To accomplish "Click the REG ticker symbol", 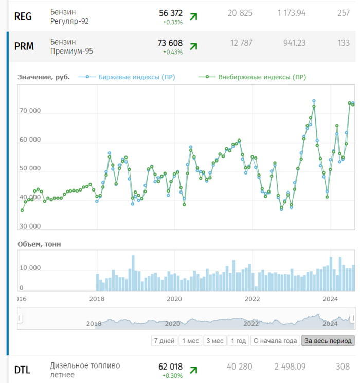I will pos(23,16).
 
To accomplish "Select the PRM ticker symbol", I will pos(24,46).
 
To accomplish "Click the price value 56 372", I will pos(170,13).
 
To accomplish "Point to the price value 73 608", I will pos(170,43).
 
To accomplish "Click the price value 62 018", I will pos(170,367).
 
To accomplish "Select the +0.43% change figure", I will pos(173,53).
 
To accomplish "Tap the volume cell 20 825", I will pos(240,13).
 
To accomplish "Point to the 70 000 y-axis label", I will pos(31,111).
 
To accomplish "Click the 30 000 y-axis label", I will pos(31,226).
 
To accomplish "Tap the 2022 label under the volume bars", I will pos(253,299).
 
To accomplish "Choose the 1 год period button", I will pos(238,341).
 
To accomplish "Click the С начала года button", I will pos(275,341).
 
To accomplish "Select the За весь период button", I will pos(328,341).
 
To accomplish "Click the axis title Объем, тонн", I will pos(39,243).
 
